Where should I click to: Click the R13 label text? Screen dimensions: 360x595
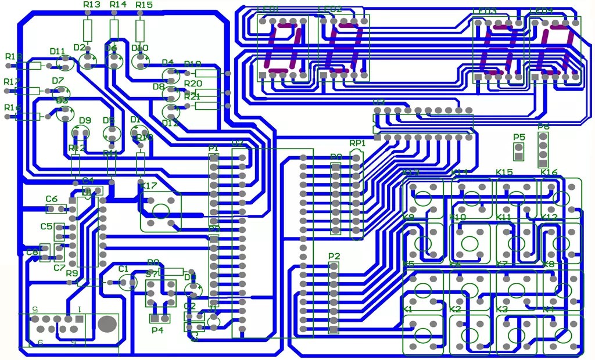92,5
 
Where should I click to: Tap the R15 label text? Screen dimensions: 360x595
144,5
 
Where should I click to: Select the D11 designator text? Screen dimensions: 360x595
58,52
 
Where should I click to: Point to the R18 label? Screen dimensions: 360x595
13,57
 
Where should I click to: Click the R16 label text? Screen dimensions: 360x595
12,108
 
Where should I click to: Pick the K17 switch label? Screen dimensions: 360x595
149,186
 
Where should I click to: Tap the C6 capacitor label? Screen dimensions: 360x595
52,199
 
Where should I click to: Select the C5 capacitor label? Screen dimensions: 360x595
46,226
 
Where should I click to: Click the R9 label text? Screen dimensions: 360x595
72,273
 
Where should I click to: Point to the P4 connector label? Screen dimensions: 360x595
157,330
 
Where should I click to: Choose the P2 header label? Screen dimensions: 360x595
334,256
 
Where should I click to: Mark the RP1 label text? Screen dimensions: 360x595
357,143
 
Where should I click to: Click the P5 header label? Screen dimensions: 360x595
519,138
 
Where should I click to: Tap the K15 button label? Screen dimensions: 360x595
504,172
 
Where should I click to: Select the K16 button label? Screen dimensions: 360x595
549,172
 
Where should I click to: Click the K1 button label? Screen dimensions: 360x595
408,309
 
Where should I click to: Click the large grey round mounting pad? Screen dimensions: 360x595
107,323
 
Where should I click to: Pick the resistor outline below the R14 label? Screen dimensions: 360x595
114,28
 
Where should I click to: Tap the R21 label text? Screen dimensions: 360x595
193,96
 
